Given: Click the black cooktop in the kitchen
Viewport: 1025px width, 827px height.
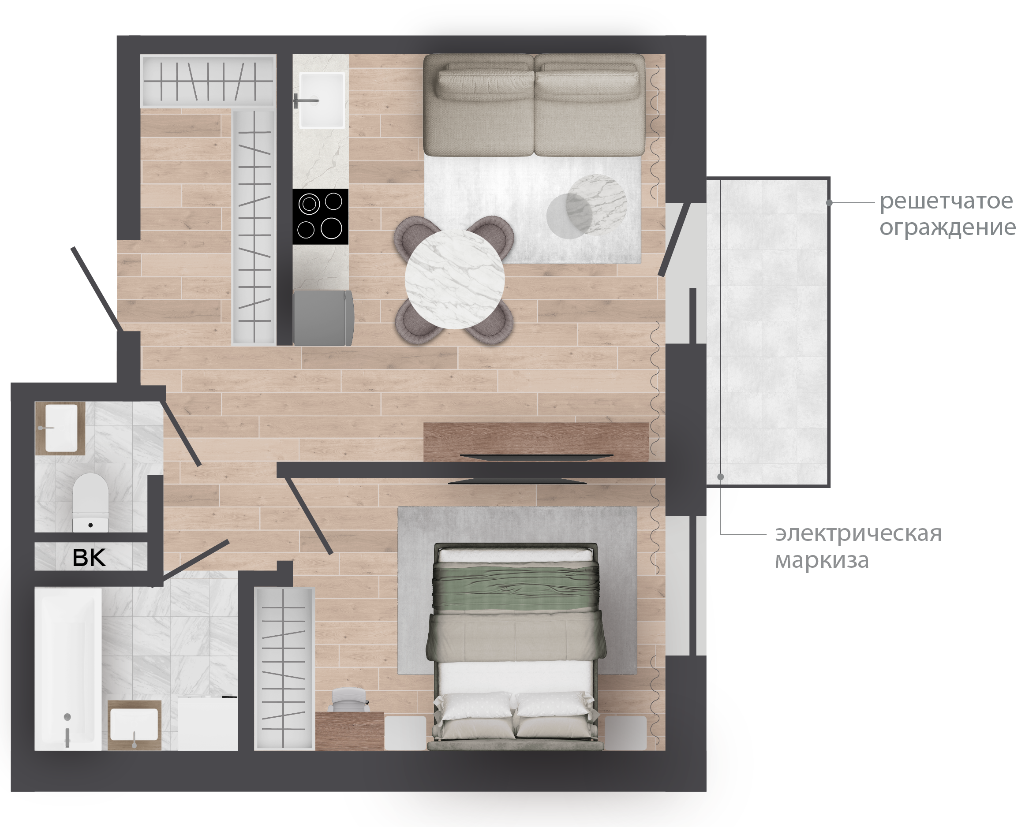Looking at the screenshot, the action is tap(320, 217).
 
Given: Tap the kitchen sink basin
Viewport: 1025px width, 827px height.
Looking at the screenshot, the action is tap(322, 100).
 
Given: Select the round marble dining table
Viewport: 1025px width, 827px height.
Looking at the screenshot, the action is tap(455, 279).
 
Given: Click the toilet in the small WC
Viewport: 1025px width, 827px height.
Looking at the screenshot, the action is tap(90, 502).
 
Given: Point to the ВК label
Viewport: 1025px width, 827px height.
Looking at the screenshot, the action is tap(89, 557).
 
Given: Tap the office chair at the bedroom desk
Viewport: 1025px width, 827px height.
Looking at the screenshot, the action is tap(350, 699).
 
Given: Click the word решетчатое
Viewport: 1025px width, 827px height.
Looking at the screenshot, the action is tap(946, 201).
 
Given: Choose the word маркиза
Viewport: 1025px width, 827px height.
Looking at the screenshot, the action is tap(822, 560).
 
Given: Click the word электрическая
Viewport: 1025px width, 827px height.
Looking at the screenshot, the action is tap(858, 533).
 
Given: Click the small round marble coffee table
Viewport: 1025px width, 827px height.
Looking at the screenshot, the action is tap(597, 205).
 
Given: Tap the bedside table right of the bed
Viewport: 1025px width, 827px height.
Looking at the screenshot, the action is tap(626, 733).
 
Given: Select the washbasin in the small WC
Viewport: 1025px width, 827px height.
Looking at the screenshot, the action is tap(61, 428).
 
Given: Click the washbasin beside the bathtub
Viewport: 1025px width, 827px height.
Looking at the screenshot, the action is tap(134, 724).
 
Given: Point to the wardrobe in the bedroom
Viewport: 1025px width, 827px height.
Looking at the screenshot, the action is tap(284, 668).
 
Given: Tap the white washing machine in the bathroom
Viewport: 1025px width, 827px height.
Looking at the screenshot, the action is tap(208, 723).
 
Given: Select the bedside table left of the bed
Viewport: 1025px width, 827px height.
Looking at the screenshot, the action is tap(405, 733).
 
